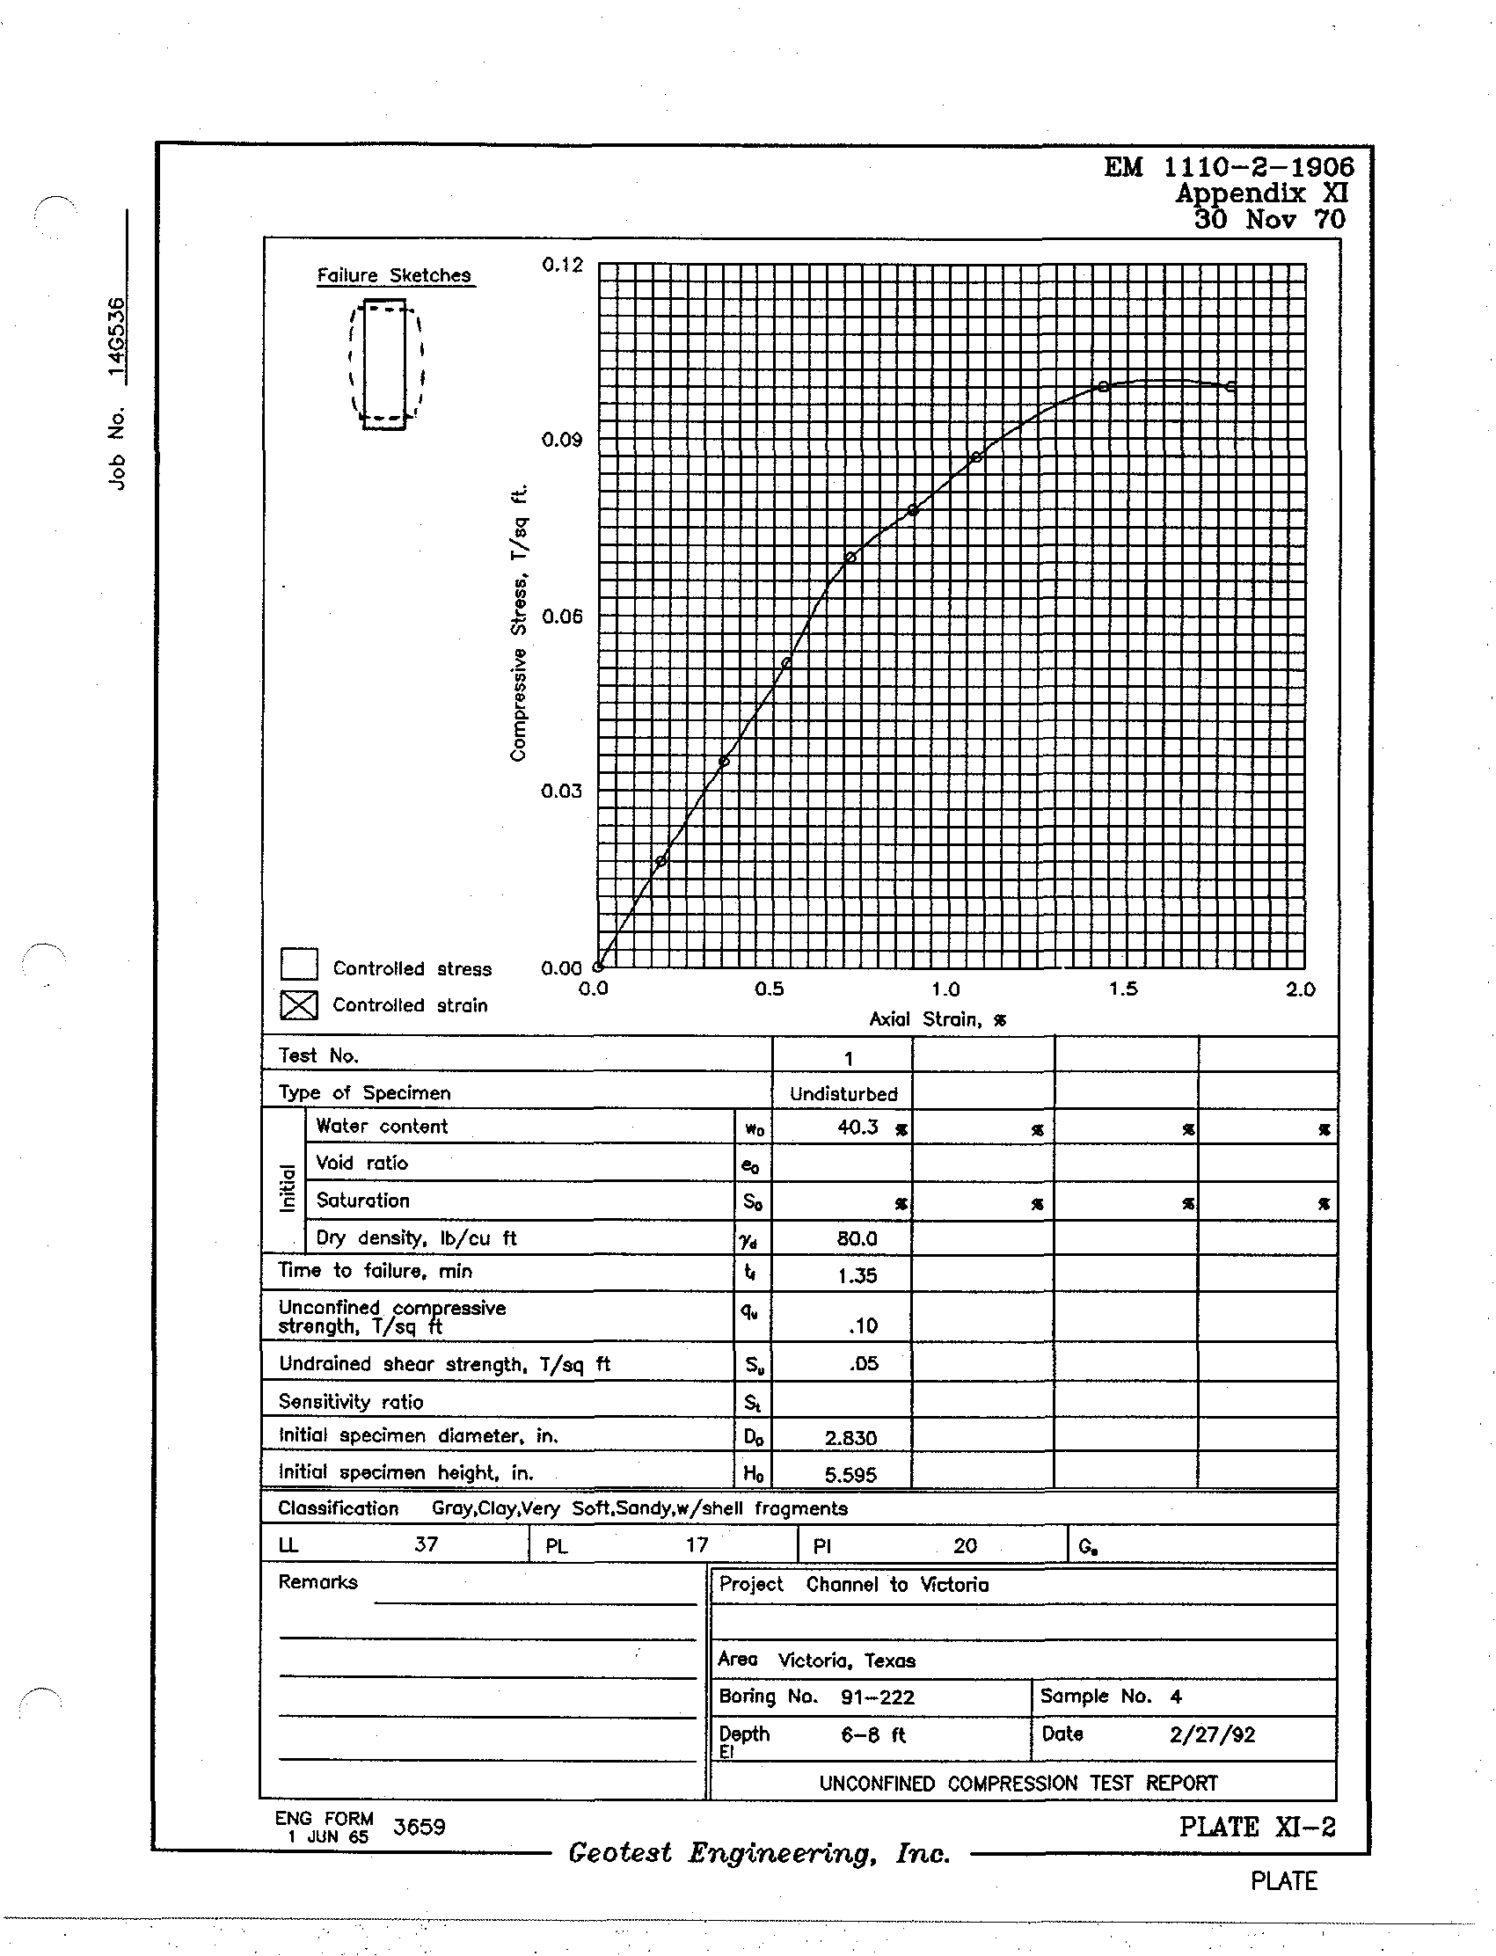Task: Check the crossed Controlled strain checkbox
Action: coord(299,1004)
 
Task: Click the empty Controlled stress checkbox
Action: coord(299,964)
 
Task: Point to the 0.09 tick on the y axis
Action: coord(562,440)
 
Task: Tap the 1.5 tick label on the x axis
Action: coord(1123,989)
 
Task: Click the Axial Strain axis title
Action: coord(938,1019)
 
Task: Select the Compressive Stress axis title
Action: coord(519,624)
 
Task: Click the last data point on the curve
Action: coord(1231,386)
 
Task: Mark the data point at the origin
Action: coord(598,966)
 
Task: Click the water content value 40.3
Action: coord(857,1128)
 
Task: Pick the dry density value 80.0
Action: coord(857,1238)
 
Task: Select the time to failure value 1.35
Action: coord(857,1276)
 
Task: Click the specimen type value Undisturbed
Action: coord(843,1093)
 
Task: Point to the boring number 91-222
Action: coord(877,1697)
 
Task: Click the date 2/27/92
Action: coord(1212,1734)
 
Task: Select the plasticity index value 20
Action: coord(966,1545)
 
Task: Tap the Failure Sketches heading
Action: coord(395,275)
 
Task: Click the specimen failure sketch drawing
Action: coord(385,364)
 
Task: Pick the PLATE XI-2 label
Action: coord(1257,1827)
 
